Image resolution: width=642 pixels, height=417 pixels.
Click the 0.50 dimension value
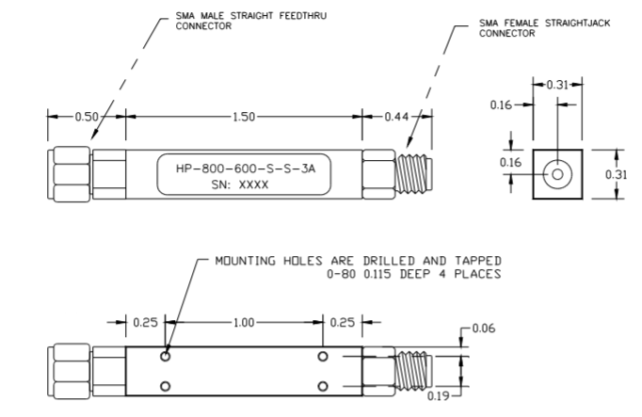pyautogui.click(x=87, y=117)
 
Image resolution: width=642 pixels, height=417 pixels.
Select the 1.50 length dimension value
pyautogui.click(x=244, y=117)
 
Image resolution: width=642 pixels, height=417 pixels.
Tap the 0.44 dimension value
pyautogui.click(x=396, y=117)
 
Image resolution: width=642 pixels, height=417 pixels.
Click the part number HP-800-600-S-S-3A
pyautogui.click(x=246, y=168)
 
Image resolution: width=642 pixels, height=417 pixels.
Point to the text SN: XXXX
pyautogui.click(x=240, y=184)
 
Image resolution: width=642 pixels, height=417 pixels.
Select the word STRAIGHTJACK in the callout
pyautogui.click(x=577, y=23)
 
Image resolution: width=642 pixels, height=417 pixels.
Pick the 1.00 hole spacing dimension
pyautogui.click(x=244, y=323)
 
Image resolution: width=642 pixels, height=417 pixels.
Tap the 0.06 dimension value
pyautogui.click(x=484, y=329)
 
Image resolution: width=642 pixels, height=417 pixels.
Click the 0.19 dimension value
pyautogui.click(x=438, y=395)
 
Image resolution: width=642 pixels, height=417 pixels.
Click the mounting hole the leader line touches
pyautogui.click(x=166, y=357)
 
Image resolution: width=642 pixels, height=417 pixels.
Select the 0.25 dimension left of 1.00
pyautogui.click(x=145, y=323)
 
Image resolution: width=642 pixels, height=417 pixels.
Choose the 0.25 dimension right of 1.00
pyautogui.click(x=342, y=323)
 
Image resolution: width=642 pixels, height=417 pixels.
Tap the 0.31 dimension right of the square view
pyautogui.click(x=617, y=175)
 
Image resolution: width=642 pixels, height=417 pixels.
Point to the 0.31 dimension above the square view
pyautogui.click(x=557, y=85)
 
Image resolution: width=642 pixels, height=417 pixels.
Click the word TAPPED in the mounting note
pyautogui.click(x=478, y=261)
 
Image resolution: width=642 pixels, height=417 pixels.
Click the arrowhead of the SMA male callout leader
pyautogui.click(x=94, y=135)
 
